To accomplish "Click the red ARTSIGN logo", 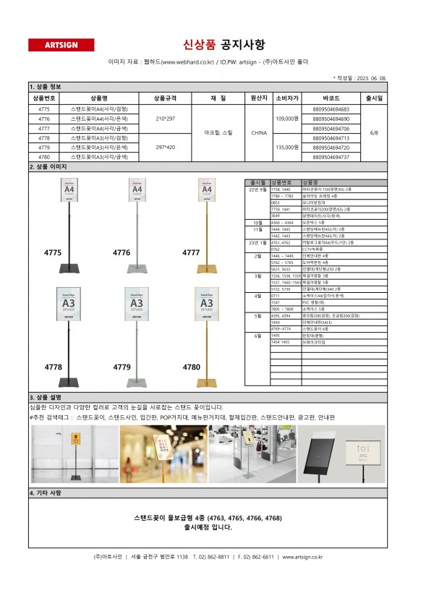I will coord(61,45).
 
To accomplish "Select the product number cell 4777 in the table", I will coord(43,128).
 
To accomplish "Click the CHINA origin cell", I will coord(259,132).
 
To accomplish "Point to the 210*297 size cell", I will coord(165,118).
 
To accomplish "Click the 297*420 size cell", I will coord(165,147).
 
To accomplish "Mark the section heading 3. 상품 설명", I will coord(46,397).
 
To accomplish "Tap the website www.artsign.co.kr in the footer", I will coord(302,557).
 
